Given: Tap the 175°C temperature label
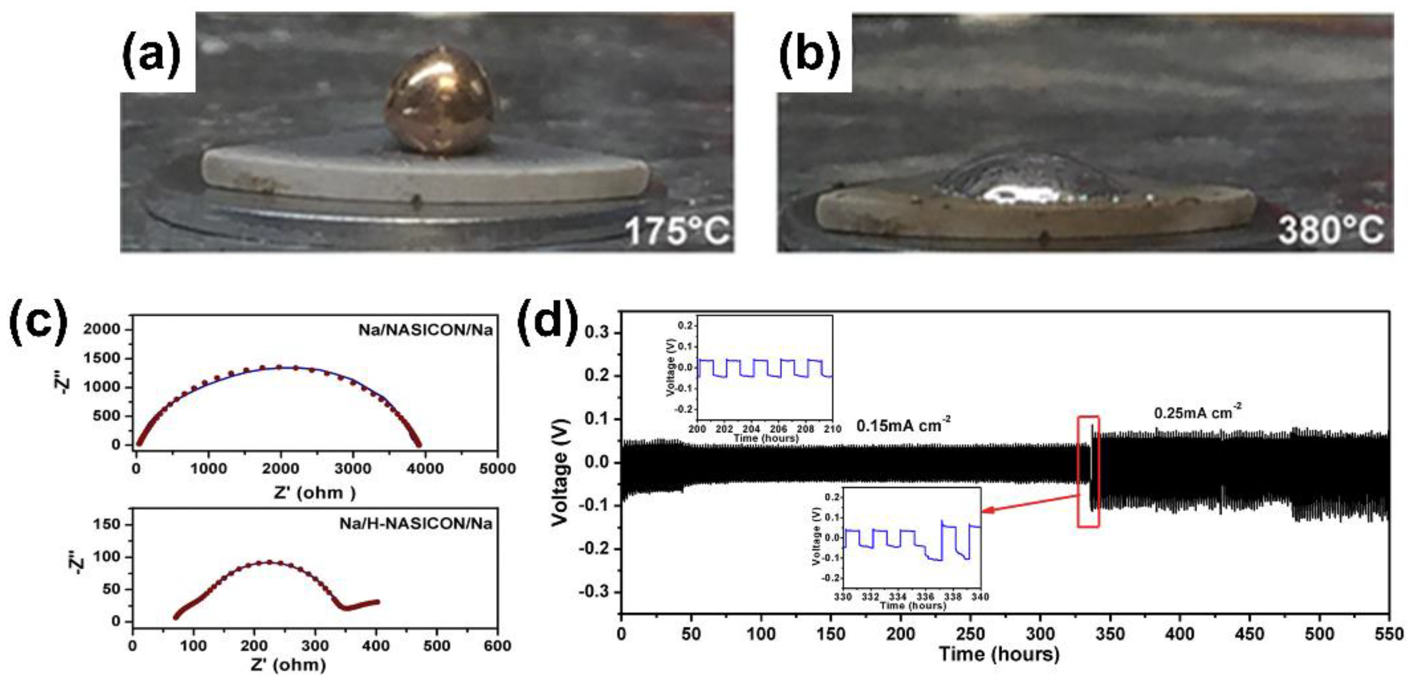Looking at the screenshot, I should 678,231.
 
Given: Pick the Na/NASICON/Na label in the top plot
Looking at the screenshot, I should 425,330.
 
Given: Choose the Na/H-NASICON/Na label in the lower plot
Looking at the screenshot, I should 416,524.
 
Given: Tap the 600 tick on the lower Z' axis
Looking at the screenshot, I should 497,646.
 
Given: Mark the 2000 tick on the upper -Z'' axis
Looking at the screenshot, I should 101,329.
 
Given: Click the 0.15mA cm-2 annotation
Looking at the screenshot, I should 903,425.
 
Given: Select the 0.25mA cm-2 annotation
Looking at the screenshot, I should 1197,412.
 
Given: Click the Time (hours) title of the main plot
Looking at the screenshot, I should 998,654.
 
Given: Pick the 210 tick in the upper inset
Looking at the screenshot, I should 832,429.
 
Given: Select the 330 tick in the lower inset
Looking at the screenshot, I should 843,597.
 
